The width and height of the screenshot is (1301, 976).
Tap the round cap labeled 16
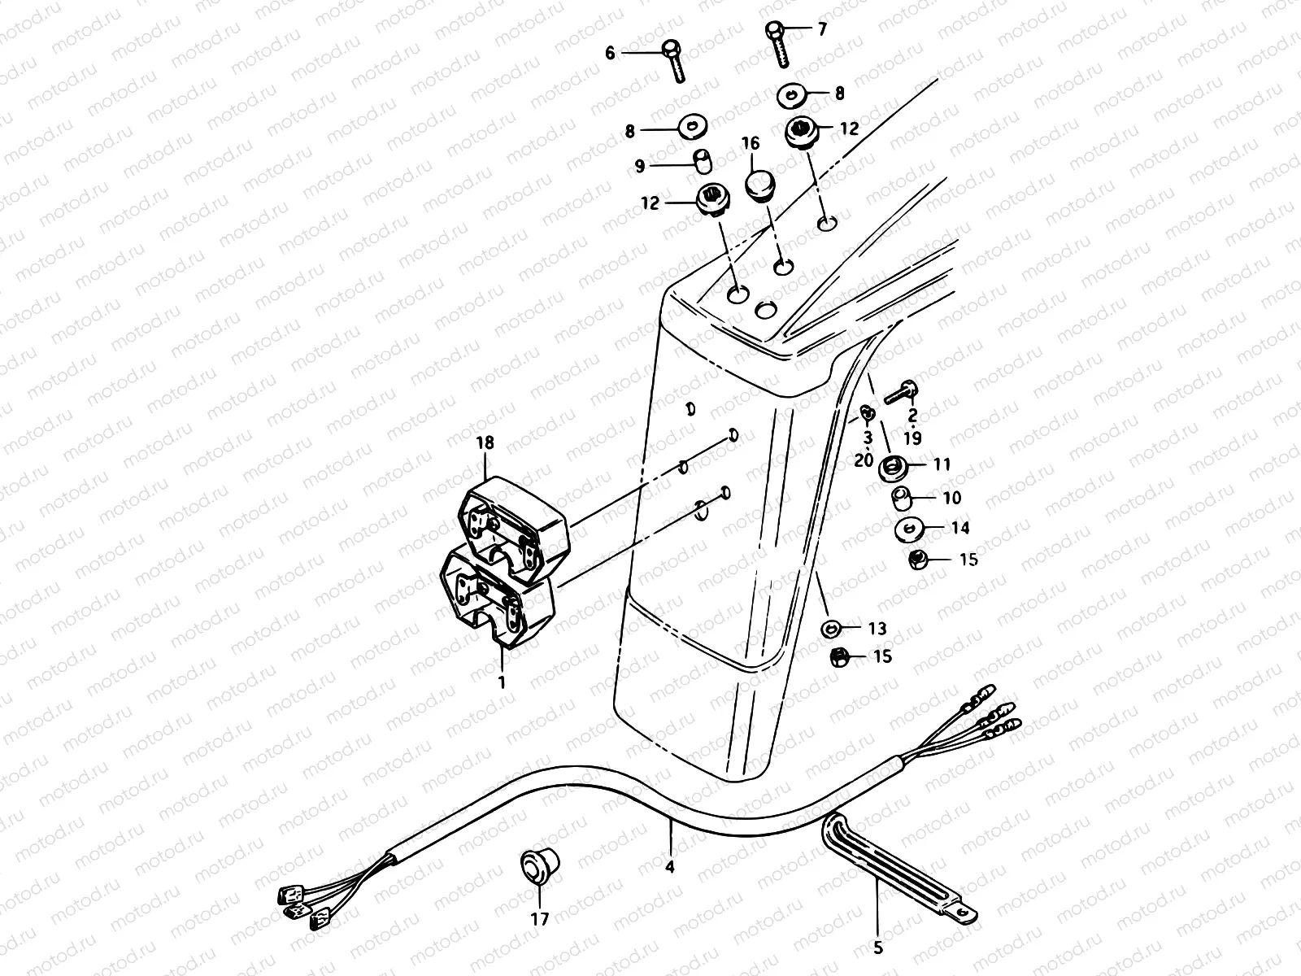pos(760,184)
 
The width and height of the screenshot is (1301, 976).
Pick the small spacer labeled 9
pos(700,160)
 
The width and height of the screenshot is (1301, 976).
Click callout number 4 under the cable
pos(670,867)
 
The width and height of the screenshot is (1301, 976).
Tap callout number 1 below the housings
pos(503,681)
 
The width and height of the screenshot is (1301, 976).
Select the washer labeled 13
pos(830,629)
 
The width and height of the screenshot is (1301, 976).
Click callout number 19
pos(912,439)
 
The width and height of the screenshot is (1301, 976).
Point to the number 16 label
pos(750,144)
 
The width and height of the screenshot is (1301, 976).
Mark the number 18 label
pos(486,444)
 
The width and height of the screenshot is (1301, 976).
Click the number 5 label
pos(878,947)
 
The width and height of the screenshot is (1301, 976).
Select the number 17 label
pos(540,919)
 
